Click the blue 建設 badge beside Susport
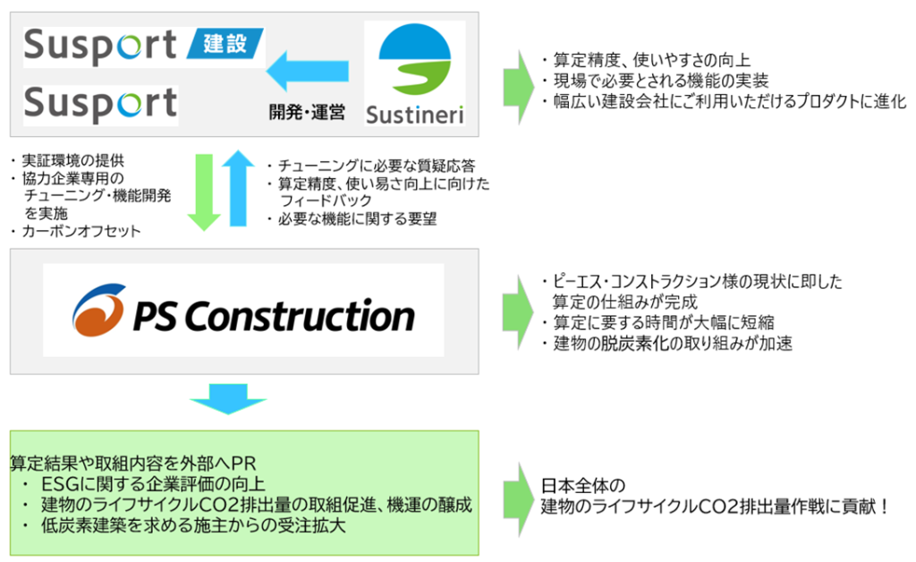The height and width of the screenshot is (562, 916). tap(225, 43)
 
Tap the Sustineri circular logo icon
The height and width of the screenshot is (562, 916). tap(415, 60)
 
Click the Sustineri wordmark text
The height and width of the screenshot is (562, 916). tap(415, 115)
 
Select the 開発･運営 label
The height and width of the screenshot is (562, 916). tap(307, 112)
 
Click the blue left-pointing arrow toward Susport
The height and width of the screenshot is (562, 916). tap(308, 72)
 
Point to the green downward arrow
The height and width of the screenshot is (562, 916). tap(204, 192)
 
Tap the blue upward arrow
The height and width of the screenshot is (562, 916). tap(238, 188)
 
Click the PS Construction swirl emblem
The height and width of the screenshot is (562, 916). tap(98, 311)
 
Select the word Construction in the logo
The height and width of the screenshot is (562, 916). tap(300, 316)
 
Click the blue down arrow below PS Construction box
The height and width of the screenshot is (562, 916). tap(228, 399)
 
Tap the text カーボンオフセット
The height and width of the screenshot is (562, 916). tap(81, 232)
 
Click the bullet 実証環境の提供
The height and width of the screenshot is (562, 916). tap(73, 161)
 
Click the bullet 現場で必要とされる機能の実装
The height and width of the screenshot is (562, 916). tap(661, 81)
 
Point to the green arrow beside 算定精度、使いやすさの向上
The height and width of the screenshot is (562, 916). tap(518, 87)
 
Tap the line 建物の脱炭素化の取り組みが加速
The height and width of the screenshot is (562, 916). tap(673, 343)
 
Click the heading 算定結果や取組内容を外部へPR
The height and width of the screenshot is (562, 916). tap(133, 464)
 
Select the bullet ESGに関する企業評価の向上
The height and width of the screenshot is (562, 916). tap(153, 484)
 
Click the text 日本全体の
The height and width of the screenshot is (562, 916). tap(583, 485)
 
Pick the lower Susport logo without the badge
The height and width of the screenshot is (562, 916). tap(100, 104)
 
